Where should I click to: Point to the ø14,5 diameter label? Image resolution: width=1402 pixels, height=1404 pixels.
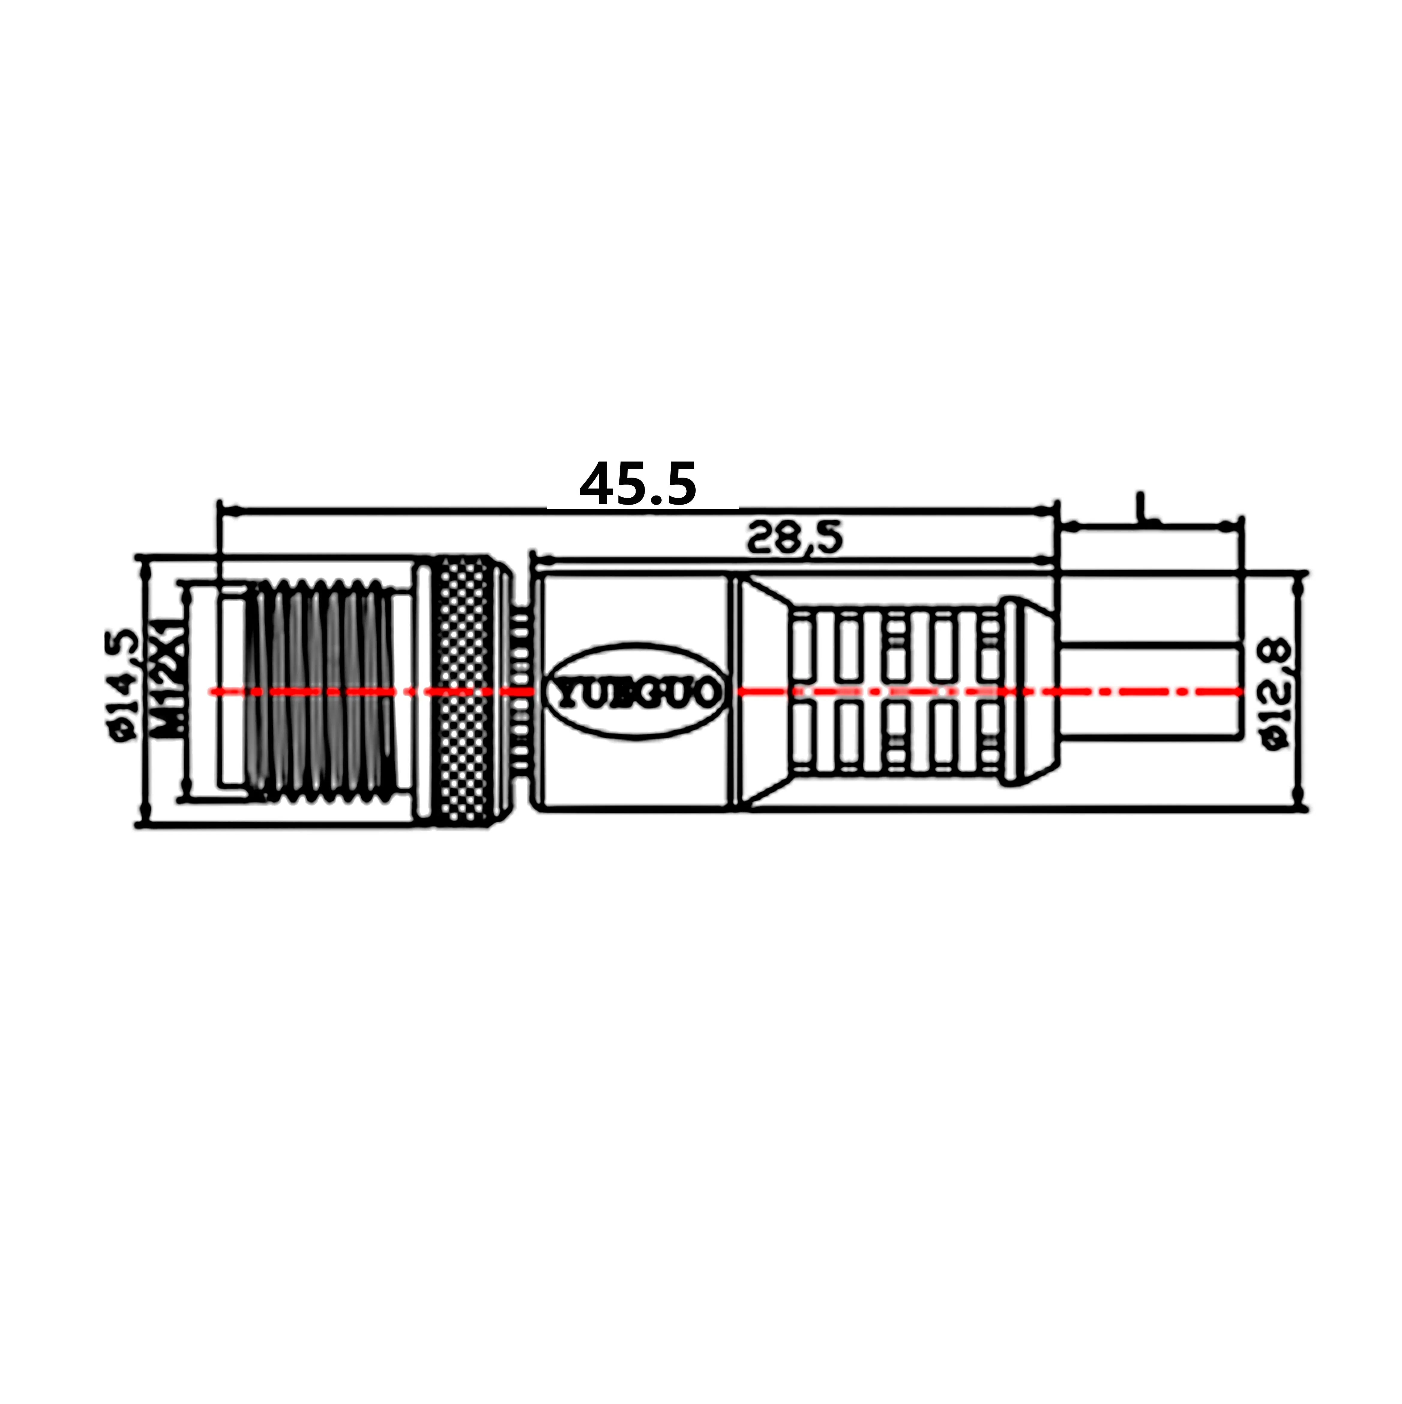click(124, 685)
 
